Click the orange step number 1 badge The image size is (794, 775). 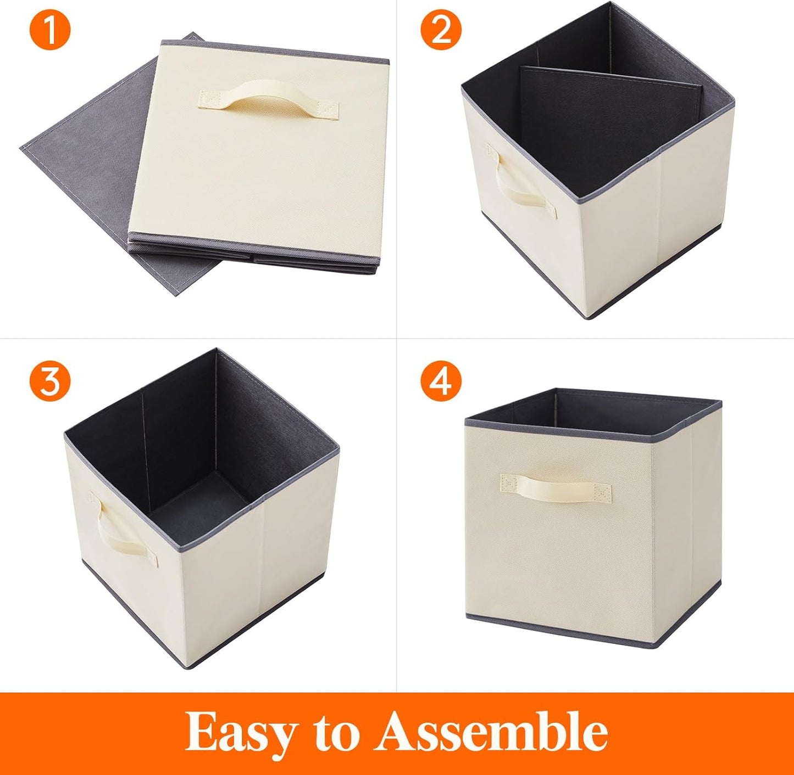point(50,31)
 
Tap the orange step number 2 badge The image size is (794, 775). point(441,31)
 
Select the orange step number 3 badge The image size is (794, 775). point(50,380)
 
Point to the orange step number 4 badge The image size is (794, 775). point(441,380)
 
